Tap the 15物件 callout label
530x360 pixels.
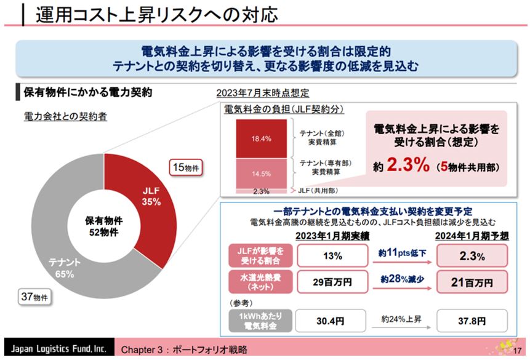coord(187,167)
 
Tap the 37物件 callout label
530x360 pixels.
coord(34,297)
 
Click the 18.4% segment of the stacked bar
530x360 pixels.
coord(261,138)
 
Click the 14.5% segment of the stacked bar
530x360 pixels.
coord(261,173)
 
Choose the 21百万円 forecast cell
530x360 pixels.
coord(472,282)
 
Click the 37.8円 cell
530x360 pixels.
coord(472,321)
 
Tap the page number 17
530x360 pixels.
coord(516,350)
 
